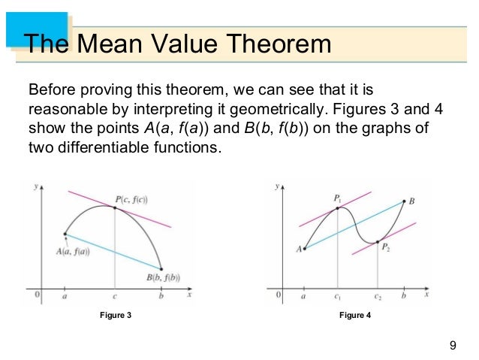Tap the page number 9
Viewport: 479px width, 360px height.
point(452,345)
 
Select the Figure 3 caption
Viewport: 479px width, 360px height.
point(116,315)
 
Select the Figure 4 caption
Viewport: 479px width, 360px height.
point(354,315)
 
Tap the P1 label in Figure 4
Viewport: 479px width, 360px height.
point(337,198)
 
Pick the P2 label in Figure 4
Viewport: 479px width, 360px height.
point(384,247)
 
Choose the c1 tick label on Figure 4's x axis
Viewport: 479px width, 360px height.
point(339,298)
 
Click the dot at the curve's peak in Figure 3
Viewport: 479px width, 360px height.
point(114,207)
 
